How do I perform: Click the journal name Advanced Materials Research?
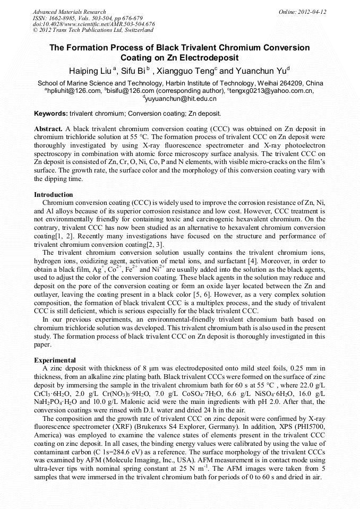click(69, 12)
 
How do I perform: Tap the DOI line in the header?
click(93, 24)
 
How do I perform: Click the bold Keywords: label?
click(50, 114)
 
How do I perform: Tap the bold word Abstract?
click(48, 129)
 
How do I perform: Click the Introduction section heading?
click(54, 195)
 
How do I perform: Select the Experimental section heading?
click(55, 360)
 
